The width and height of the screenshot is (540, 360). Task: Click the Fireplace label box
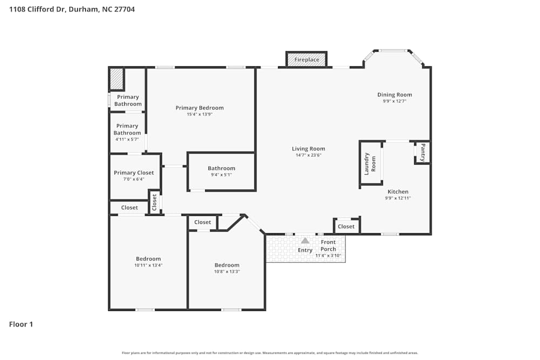pos(306,59)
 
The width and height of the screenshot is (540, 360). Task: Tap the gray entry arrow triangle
pos(305,241)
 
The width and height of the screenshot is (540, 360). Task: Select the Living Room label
pos(308,149)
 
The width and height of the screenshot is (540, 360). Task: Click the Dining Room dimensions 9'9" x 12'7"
pos(394,101)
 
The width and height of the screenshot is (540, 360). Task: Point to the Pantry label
pos(423,152)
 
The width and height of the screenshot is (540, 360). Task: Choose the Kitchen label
pos(397,192)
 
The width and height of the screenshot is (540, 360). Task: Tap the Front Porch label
pos(328,246)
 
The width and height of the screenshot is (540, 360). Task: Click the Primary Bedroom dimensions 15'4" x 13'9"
pos(199,114)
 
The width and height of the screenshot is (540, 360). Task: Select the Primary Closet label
pos(133,173)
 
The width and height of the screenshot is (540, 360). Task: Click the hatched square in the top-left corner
pos(117,79)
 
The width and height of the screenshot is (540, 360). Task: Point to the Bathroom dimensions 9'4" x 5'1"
pos(221,175)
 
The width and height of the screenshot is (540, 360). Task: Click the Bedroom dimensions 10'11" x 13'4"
pos(148,266)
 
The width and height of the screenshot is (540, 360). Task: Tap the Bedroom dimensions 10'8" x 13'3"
pos(227,271)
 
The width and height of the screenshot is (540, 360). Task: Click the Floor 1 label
pos(21,324)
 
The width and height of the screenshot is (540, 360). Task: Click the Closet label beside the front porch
pos(346,227)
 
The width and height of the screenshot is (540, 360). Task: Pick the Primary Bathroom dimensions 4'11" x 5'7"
pos(127,139)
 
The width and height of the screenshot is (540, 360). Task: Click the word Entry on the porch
pos(305,250)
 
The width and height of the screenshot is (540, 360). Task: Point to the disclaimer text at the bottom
pos(270,353)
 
